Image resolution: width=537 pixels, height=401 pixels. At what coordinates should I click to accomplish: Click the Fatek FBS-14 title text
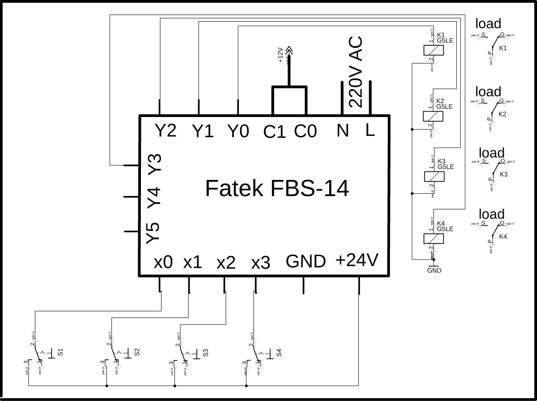tap(277, 189)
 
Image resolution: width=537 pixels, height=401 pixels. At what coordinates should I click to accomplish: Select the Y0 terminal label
tap(238, 131)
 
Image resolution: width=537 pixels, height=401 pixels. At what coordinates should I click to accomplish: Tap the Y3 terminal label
tap(154, 163)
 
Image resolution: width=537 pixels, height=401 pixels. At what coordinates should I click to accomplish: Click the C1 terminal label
tap(275, 132)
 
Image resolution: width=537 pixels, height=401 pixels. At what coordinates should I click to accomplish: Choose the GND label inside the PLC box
tap(305, 261)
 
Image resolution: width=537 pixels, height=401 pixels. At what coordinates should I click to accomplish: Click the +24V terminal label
tap(357, 260)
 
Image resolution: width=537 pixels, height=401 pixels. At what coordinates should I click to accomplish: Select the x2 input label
tap(226, 263)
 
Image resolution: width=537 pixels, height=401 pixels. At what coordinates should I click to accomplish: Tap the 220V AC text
tap(355, 72)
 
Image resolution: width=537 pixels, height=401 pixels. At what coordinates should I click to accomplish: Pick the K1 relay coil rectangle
tap(434, 50)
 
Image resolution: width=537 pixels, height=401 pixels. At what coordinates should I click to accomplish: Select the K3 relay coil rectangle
tap(434, 176)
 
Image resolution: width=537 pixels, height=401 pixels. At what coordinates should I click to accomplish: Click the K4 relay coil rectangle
tap(434, 238)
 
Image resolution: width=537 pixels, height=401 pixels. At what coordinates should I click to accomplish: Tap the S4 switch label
tap(279, 352)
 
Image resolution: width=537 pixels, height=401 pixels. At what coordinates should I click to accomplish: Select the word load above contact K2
tap(488, 91)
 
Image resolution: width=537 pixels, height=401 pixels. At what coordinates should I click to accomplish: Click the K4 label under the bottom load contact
tap(503, 237)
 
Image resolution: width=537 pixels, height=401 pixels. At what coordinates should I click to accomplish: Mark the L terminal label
tap(370, 130)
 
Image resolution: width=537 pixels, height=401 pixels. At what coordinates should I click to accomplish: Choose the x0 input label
tap(163, 262)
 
